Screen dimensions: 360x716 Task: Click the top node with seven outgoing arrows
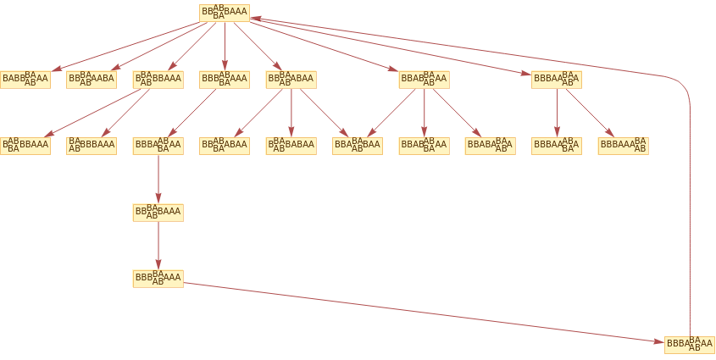225,13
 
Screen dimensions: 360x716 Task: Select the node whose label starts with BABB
25,80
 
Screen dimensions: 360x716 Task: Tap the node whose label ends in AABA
92,80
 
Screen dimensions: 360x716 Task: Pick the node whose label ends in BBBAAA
92,146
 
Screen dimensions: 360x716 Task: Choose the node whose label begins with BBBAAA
623,146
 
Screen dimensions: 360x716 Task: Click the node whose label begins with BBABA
490,146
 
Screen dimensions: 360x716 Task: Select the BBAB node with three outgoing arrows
424,80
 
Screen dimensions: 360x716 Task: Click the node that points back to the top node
690,345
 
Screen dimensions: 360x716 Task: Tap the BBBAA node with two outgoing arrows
557,80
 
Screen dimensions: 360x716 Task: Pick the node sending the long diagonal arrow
158,279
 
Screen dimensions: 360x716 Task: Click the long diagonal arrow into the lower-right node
424,312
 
